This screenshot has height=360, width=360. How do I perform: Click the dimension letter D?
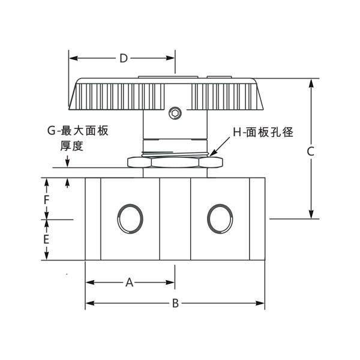tap(123, 58)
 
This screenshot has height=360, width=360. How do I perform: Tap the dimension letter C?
tap(310, 152)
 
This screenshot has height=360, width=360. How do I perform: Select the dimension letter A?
tap(128, 282)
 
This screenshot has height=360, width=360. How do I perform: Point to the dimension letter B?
tap(175, 304)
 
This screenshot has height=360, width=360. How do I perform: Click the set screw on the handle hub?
tap(175, 112)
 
